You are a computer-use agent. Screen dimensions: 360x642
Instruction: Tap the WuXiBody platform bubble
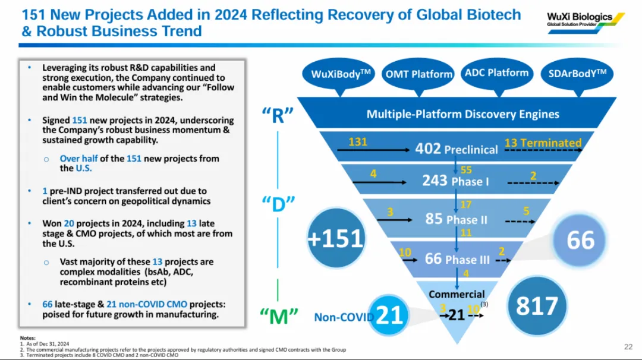tap(341, 74)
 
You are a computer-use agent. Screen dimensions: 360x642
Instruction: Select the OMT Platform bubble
tap(418, 74)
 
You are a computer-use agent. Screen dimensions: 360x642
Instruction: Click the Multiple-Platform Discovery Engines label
tap(462, 114)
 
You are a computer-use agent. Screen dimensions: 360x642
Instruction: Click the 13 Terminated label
tap(543, 143)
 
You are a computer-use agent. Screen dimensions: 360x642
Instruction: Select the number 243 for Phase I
tap(435, 180)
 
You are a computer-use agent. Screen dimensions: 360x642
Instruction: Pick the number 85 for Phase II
tap(433, 219)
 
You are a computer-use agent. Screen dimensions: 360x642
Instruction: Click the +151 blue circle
tap(335, 238)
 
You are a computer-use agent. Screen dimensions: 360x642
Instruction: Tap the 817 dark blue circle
tap(537, 305)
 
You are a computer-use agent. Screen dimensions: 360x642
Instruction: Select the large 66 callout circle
tap(580, 240)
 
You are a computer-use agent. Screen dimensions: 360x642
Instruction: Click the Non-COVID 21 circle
tap(389, 315)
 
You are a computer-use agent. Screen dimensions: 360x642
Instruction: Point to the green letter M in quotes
tap(279, 316)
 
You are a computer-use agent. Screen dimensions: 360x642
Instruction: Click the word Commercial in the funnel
tap(457, 294)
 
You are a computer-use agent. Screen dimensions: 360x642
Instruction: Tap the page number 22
tap(628, 347)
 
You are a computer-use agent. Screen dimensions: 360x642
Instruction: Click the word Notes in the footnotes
tap(27, 338)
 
